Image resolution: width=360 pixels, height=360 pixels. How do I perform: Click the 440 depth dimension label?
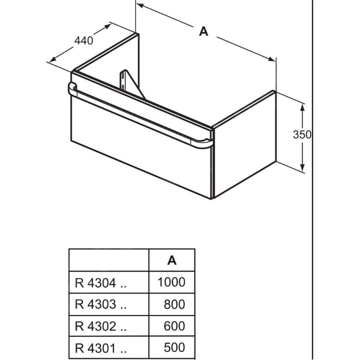(84, 40)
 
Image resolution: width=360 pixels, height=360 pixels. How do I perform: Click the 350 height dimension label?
(302, 134)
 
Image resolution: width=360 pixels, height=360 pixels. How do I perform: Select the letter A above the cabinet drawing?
(204, 31)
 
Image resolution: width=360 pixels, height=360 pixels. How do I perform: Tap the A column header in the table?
(171, 260)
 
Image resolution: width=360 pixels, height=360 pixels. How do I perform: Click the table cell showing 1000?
(171, 282)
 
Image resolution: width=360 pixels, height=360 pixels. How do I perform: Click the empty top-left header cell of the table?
(108, 260)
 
